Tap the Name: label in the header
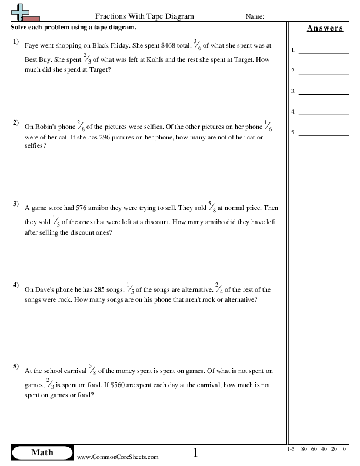[255, 17]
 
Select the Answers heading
[324, 28]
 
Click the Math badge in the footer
[41, 452]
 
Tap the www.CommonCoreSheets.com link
[118, 457]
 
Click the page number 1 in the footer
[196, 452]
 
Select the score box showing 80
[304, 449]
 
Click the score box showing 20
[335, 449]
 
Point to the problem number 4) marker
[16, 285]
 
